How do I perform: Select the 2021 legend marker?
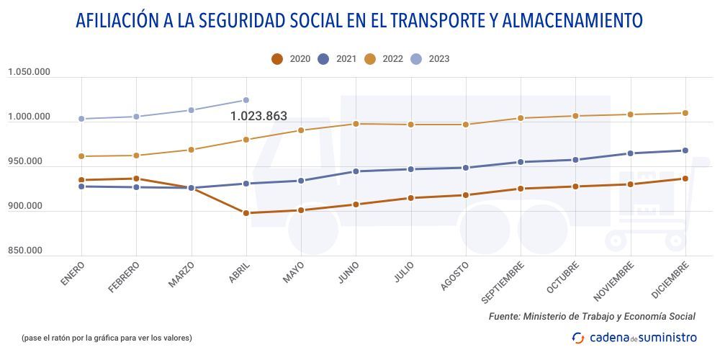(323, 59)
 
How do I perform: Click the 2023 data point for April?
(246, 100)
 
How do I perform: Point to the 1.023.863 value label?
(258, 116)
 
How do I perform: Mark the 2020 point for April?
(246, 213)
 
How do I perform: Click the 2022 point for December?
(685, 113)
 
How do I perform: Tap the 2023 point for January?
(81, 119)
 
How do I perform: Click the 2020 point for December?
(685, 179)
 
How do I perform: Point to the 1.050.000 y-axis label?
(29, 72)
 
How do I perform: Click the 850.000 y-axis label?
(25, 251)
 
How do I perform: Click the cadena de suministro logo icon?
(578, 337)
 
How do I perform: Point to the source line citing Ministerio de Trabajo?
(592, 316)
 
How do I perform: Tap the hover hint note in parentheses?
(107, 337)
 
